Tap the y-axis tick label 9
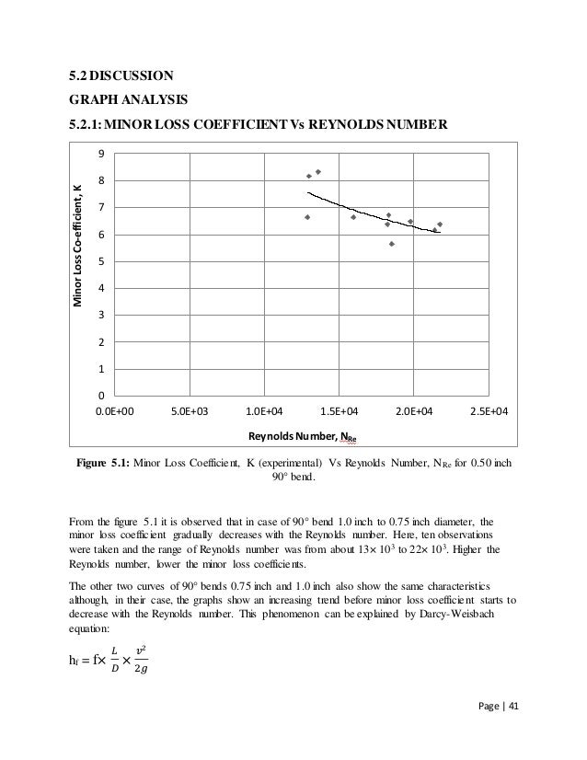pyautogui.click(x=100, y=154)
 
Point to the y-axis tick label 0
pyautogui.click(x=100, y=397)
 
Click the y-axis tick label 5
pyautogui.click(x=100, y=262)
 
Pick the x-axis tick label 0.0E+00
pyautogui.click(x=114, y=410)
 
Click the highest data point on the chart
pyautogui.click(x=318, y=172)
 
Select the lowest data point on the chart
pyautogui.click(x=392, y=244)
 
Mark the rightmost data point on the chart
pyautogui.click(x=441, y=224)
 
